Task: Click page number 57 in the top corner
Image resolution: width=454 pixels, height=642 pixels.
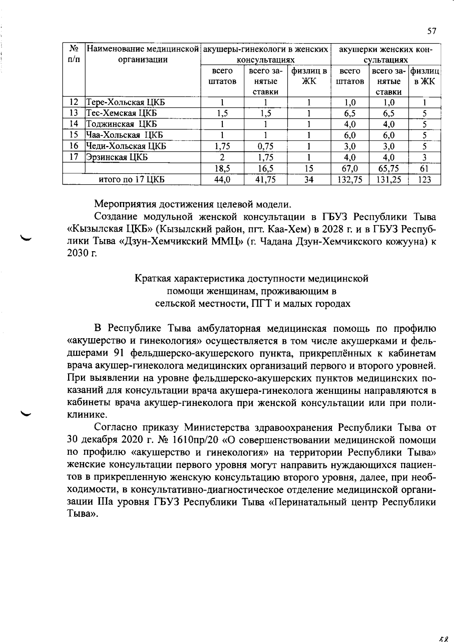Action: tap(432, 31)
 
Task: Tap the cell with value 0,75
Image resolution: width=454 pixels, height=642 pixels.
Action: tap(265, 146)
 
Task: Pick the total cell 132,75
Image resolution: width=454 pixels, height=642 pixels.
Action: tap(350, 180)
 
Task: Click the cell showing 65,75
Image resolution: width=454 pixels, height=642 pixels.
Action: tap(389, 169)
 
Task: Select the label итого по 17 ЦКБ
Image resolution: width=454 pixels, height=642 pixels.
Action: tap(131, 180)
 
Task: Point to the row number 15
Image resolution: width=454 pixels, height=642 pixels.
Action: tap(74, 135)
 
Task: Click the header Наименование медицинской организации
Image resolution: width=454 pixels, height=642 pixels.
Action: tap(143, 54)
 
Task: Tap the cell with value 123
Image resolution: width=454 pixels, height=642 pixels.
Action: tap(424, 180)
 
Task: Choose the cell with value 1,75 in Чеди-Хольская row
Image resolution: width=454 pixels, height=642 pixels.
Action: tap(222, 146)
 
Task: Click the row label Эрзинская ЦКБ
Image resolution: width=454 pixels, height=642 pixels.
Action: tap(117, 157)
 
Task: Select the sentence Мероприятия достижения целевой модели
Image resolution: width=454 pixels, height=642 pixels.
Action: tap(193, 204)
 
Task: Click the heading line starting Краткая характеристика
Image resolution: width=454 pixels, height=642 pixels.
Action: tap(252, 279)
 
